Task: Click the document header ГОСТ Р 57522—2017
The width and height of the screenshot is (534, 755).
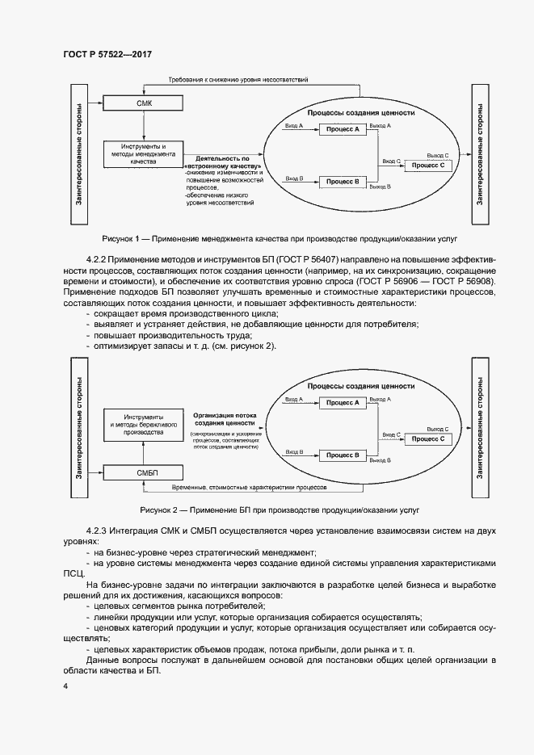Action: tap(107, 54)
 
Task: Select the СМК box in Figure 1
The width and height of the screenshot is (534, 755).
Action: tap(145, 103)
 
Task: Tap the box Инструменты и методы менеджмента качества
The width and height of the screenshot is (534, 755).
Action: tap(146, 154)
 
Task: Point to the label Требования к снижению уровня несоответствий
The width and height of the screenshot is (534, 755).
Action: tap(238, 81)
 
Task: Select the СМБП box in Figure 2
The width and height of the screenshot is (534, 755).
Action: tap(145, 471)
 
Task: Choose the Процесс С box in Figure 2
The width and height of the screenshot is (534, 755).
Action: tap(428, 438)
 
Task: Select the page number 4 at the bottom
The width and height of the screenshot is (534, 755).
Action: tap(65, 686)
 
